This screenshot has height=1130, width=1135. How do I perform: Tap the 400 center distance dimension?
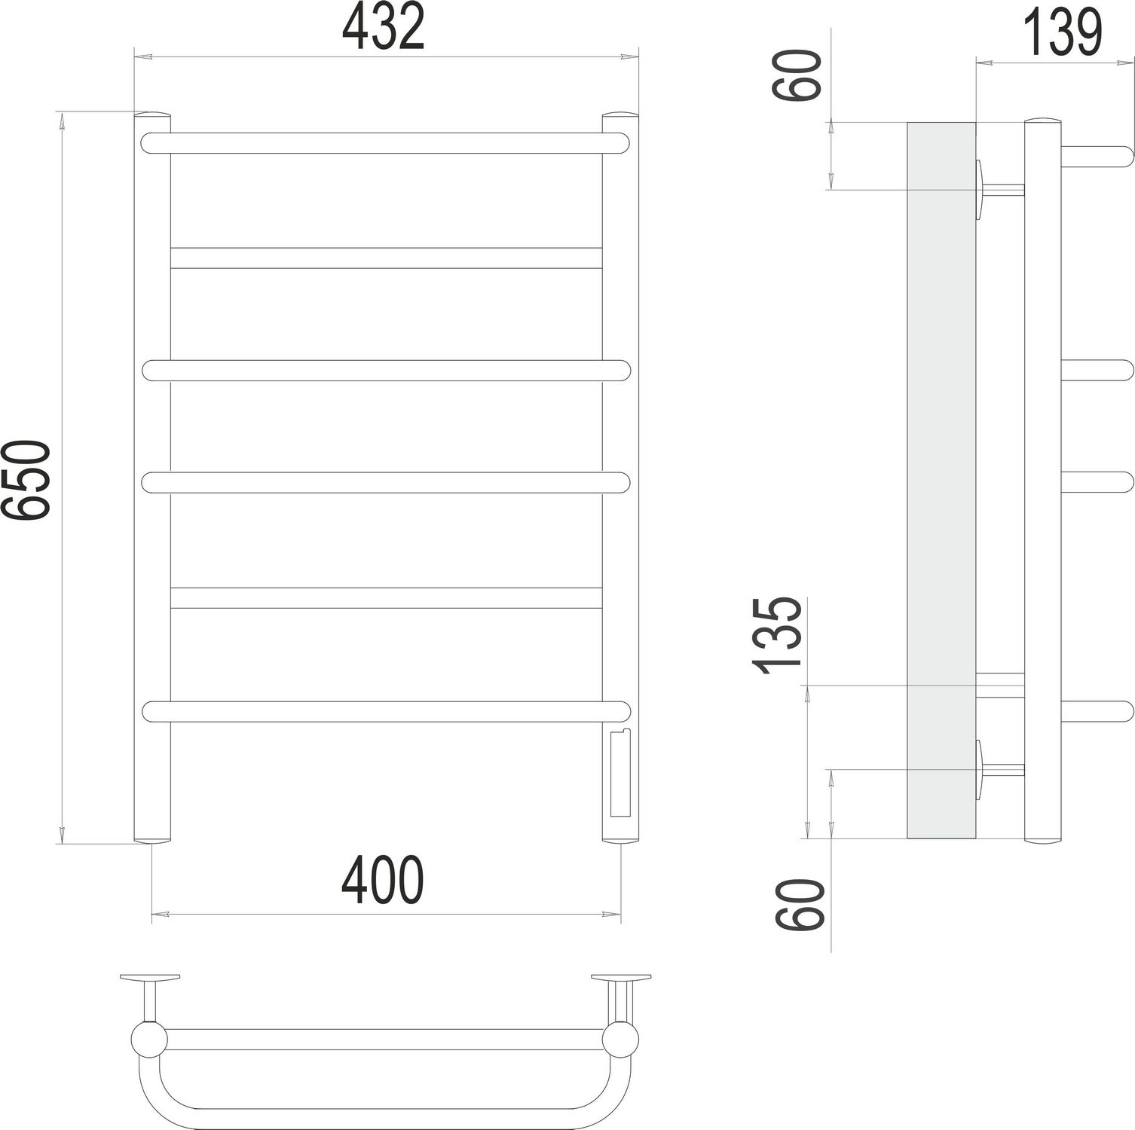click(x=383, y=881)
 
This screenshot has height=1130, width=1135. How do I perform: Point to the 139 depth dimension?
click(x=1063, y=34)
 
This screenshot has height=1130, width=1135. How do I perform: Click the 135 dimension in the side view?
click(x=777, y=634)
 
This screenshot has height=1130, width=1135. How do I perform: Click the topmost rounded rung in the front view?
click(x=384, y=143)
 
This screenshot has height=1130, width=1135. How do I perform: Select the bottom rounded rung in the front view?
click(x=384, y=712)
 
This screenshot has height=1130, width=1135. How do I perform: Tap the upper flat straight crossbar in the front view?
click(x=386, y=258)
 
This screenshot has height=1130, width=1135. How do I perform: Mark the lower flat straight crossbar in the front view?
click(x=386, y=597)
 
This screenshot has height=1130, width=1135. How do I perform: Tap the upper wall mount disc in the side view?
click(x=980, y=189)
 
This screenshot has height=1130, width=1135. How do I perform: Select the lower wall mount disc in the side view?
click(x=980, y=769)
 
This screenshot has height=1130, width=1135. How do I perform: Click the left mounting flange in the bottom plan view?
click(x=150, y=978)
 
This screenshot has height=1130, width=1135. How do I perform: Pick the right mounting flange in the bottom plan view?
click(x=621, y=978)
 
